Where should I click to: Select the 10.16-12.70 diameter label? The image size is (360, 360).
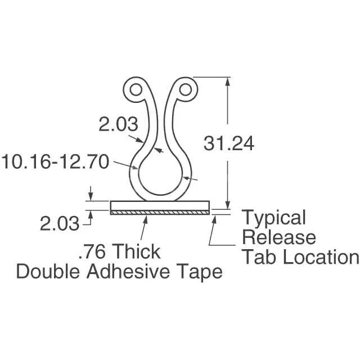[x=55, y=163]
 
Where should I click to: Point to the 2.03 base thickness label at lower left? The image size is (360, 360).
[x=59, y=224]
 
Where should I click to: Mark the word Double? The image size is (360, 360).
[x=49, y=272]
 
